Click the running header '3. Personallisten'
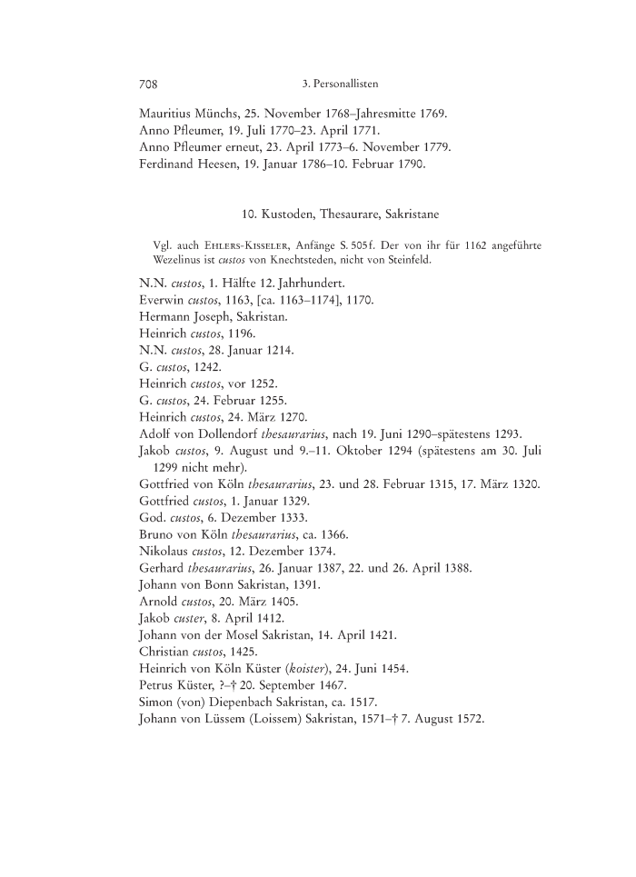click(x=339, y=84)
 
